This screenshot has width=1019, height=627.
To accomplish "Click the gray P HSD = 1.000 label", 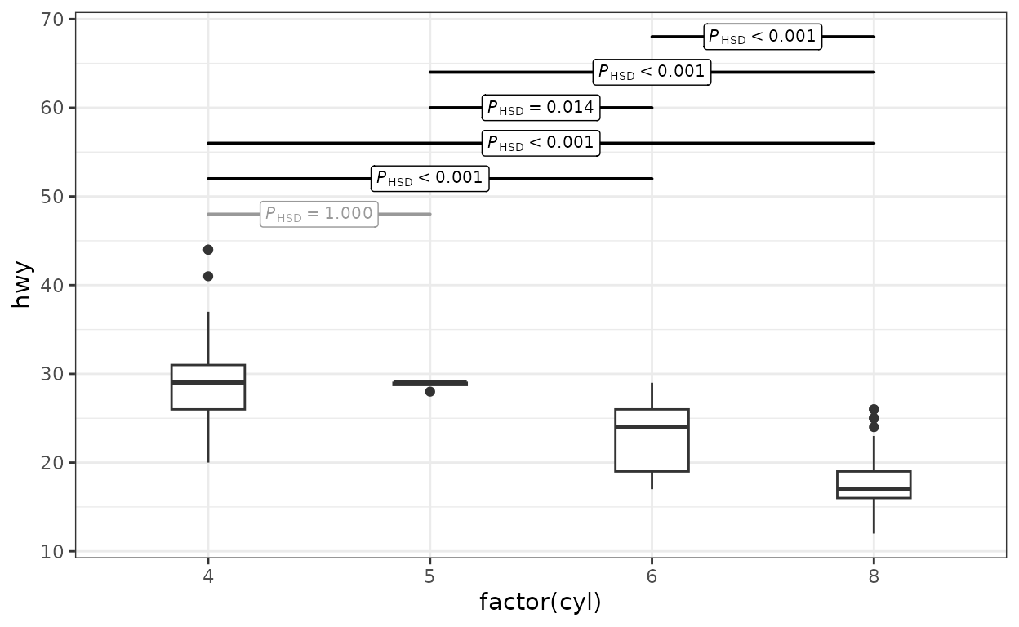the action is tap(319, 214).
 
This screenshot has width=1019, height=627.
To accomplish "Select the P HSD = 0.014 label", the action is tap(541, 108).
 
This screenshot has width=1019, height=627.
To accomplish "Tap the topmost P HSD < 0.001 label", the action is tap(763, 37).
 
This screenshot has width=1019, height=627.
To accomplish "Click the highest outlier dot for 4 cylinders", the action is tap(208, 249).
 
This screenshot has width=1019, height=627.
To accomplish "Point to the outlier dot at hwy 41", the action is tap(208, 276).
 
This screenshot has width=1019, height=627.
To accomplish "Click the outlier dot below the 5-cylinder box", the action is tap(429, 391).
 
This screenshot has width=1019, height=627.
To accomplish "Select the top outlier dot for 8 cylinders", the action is tap(874, 409).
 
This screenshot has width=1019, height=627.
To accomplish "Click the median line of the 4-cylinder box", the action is tap(208, 383).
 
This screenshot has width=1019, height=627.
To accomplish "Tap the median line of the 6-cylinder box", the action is tap(652, 427).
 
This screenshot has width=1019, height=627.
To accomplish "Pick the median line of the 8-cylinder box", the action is tap(874, 489).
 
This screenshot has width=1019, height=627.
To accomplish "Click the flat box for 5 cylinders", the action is tap(429, 383).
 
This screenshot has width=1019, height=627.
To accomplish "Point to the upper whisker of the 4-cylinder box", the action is tap(208, 338).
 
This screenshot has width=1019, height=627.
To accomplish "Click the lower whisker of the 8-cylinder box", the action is tap(874, 515).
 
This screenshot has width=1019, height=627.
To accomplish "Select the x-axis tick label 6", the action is tap(652, 577).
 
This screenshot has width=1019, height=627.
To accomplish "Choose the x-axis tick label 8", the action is tap(874, 577).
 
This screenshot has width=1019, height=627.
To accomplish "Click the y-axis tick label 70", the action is tap(51, 20).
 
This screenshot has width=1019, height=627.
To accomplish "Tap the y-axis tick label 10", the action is tap(51, 551).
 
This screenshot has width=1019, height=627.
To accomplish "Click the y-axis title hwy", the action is tap(21, 285).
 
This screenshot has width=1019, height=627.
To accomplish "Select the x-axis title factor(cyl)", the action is tap(541, 602).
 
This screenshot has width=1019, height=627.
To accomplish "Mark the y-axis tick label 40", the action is tap(51, 285).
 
